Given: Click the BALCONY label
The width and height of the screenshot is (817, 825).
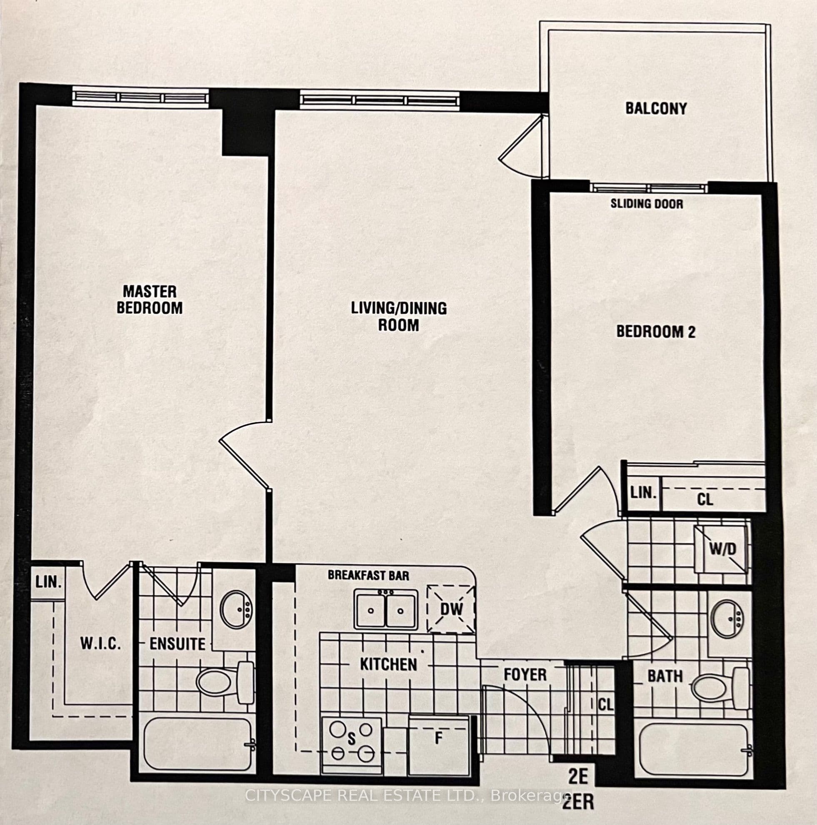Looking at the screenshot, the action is pos(656,108).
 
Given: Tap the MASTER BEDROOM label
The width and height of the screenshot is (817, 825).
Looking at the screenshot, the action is pos(150,300).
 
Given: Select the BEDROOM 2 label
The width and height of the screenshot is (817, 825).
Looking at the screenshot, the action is pos(656,332).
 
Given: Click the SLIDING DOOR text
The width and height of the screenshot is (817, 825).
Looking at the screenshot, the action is pos(647,204).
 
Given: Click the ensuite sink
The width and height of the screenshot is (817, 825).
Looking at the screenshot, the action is pos(236,609).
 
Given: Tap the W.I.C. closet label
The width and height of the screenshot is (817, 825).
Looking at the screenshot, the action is pos(101,643).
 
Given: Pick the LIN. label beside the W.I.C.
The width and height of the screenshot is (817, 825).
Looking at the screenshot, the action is pos(48,582).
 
